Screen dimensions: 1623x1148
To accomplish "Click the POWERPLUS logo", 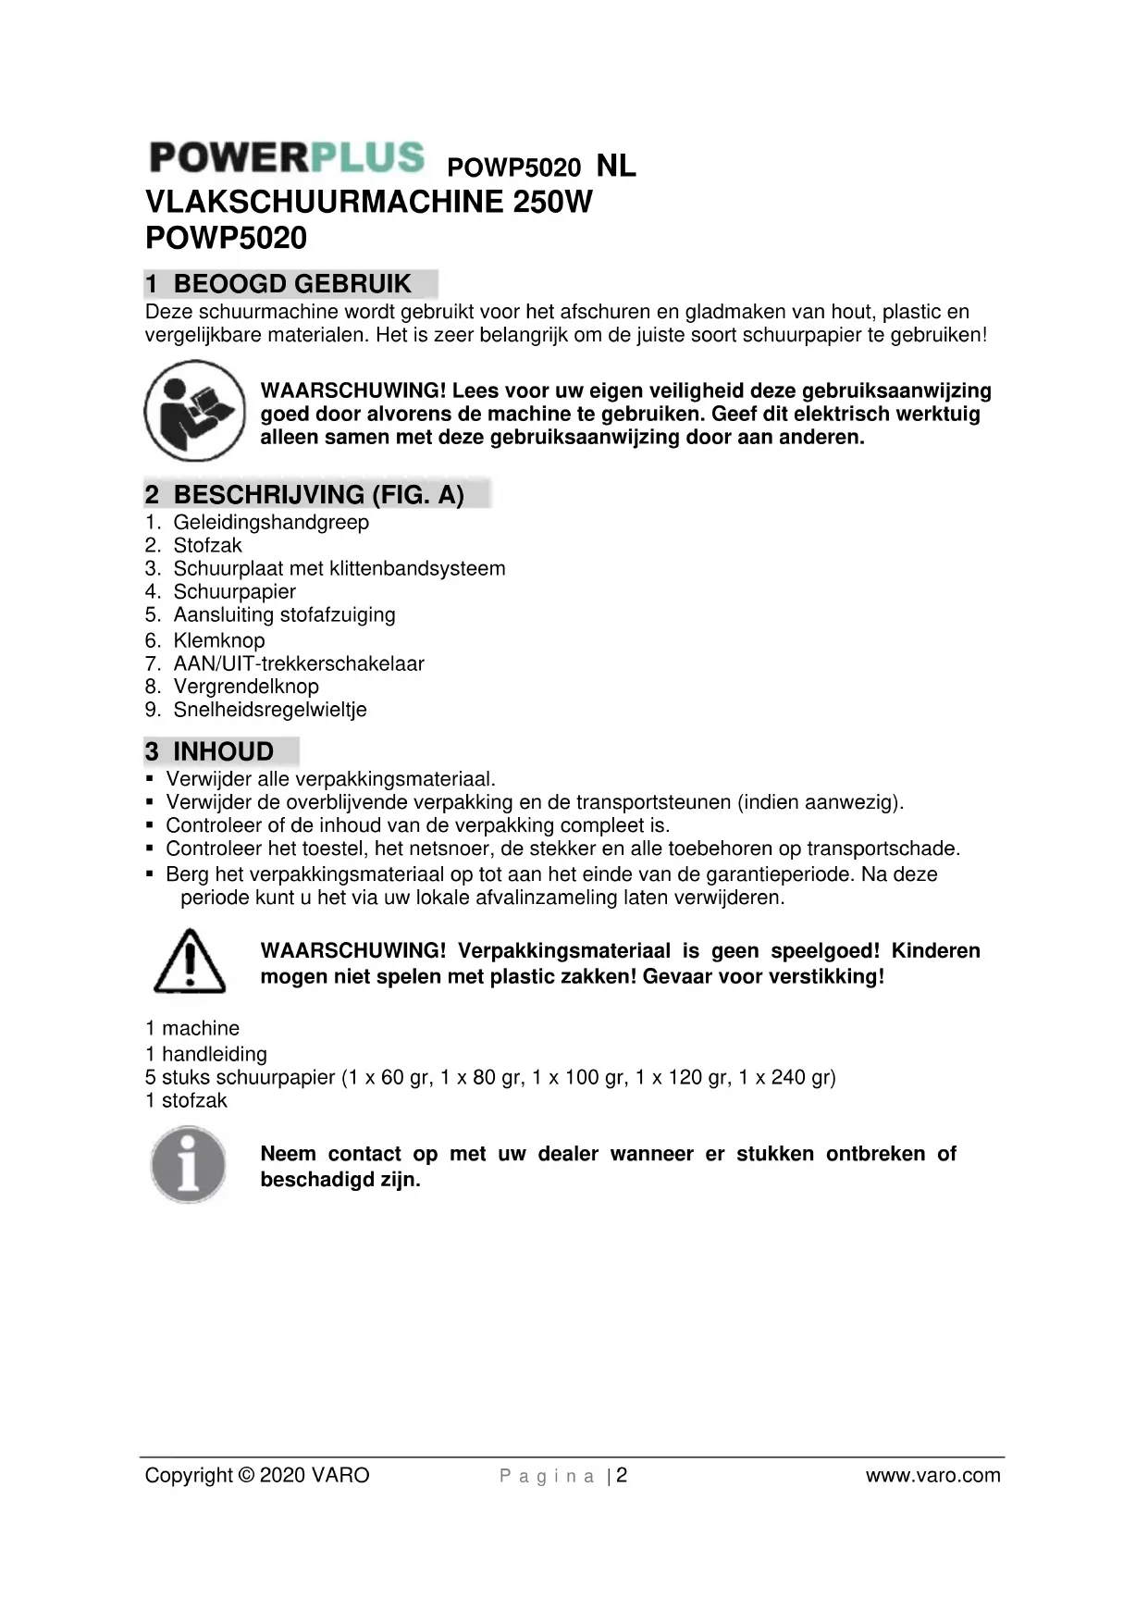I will click(287, 157).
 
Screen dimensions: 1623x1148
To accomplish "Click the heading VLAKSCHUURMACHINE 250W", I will click(368, 202).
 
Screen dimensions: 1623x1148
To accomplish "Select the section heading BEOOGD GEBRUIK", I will click(291, 284).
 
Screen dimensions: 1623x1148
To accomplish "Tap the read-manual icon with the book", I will click(194, 411).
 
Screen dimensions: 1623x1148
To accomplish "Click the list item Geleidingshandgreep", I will click(270, 522).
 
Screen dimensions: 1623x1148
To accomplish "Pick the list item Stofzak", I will click(207, 545).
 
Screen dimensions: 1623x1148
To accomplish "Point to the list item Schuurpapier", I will click(234, 591).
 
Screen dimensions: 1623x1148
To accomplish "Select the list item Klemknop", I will click(218, 640).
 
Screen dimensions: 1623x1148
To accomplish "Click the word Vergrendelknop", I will click(245, 687).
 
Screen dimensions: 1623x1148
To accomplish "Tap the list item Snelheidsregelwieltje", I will click(269, 710).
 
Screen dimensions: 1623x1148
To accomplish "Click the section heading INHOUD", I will click(223, 751).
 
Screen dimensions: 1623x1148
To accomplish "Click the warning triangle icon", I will click(190, 962).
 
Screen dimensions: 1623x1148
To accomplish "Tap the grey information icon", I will click(189, 1164).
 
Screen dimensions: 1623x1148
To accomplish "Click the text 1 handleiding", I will click(205, 1054).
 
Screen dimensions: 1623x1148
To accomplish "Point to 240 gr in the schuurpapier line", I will click(803, 1077).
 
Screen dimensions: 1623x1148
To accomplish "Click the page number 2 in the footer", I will click(622, 1475).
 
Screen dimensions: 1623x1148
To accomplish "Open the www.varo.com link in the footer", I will click(932, 1475).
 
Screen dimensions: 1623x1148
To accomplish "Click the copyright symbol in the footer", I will click(245, 1475).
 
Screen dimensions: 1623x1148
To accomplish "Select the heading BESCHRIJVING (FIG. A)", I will click(317, 495).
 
